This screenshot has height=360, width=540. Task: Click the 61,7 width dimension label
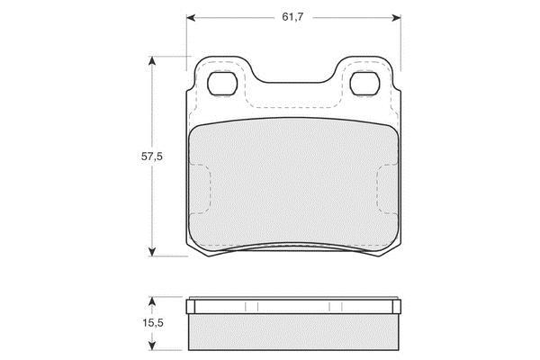pyautogui.click(x=292, y=17)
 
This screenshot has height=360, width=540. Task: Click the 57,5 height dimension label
pyautogui.click(x=152, y=157)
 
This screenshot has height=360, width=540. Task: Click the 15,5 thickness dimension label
pyautogui.click(x=153, y=323)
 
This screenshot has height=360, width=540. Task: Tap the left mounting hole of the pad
pyautogui.click(x=222, y=84)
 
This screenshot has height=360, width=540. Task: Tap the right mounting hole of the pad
pyautogui.click(x=364, y=84)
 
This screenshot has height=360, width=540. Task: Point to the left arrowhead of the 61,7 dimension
pyautogui.click(x=191, y=18)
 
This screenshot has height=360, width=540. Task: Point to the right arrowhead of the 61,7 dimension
pyautogui.click(x=396, y=18)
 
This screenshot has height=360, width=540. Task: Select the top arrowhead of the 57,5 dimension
pyautogui.click(x=151, y=60)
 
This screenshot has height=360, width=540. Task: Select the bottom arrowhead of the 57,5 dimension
pyautogui.click(x=151, y=252)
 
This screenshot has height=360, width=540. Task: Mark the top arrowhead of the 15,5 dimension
pyautogui.click(x=151, y=301)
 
